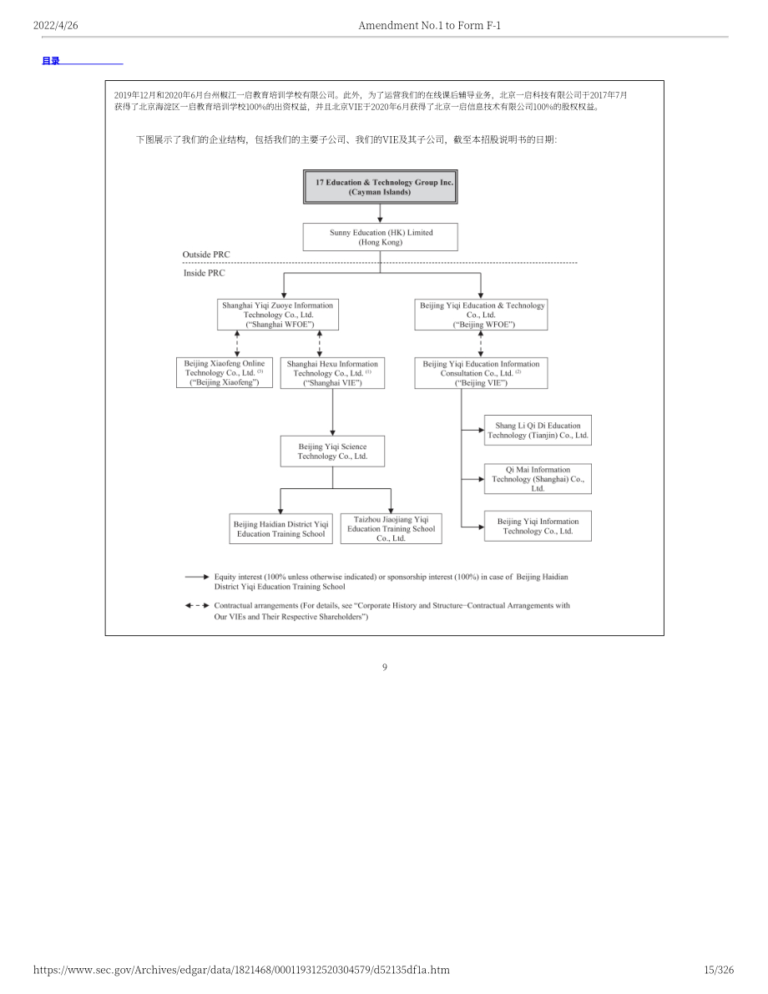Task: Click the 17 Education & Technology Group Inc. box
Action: click(x=380, y=186)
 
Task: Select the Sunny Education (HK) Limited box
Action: click(x=380, y=237)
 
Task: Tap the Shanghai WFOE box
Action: click(x=278, y=315)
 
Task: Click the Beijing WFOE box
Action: click(x=481, y=315)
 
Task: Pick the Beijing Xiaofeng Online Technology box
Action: click(x=225, y=373)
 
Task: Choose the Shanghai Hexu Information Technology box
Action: click(x=332, y=373)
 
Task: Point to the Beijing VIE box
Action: click(x=481, y=373)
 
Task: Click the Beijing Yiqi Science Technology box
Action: click(x=332, y=452)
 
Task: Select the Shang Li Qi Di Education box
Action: click(x=538, y=431)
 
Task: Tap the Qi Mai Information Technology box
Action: click(x=538, y=478)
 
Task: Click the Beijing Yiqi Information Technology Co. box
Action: click(x=538, y=526)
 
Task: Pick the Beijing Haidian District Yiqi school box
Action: click(x=280, y=528)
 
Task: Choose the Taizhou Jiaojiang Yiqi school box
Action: click(x=391, y=528)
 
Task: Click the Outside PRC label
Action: click(x=206, y=255)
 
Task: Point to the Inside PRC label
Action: click(x=205, y=273)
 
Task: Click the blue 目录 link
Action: click(x=51, y=61)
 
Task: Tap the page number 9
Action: click(x=384, y=667)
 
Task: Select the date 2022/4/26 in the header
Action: click(x=56, y=25)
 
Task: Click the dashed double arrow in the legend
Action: click(x=197, y=605)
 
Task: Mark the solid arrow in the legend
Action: click(x=197, y=577)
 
